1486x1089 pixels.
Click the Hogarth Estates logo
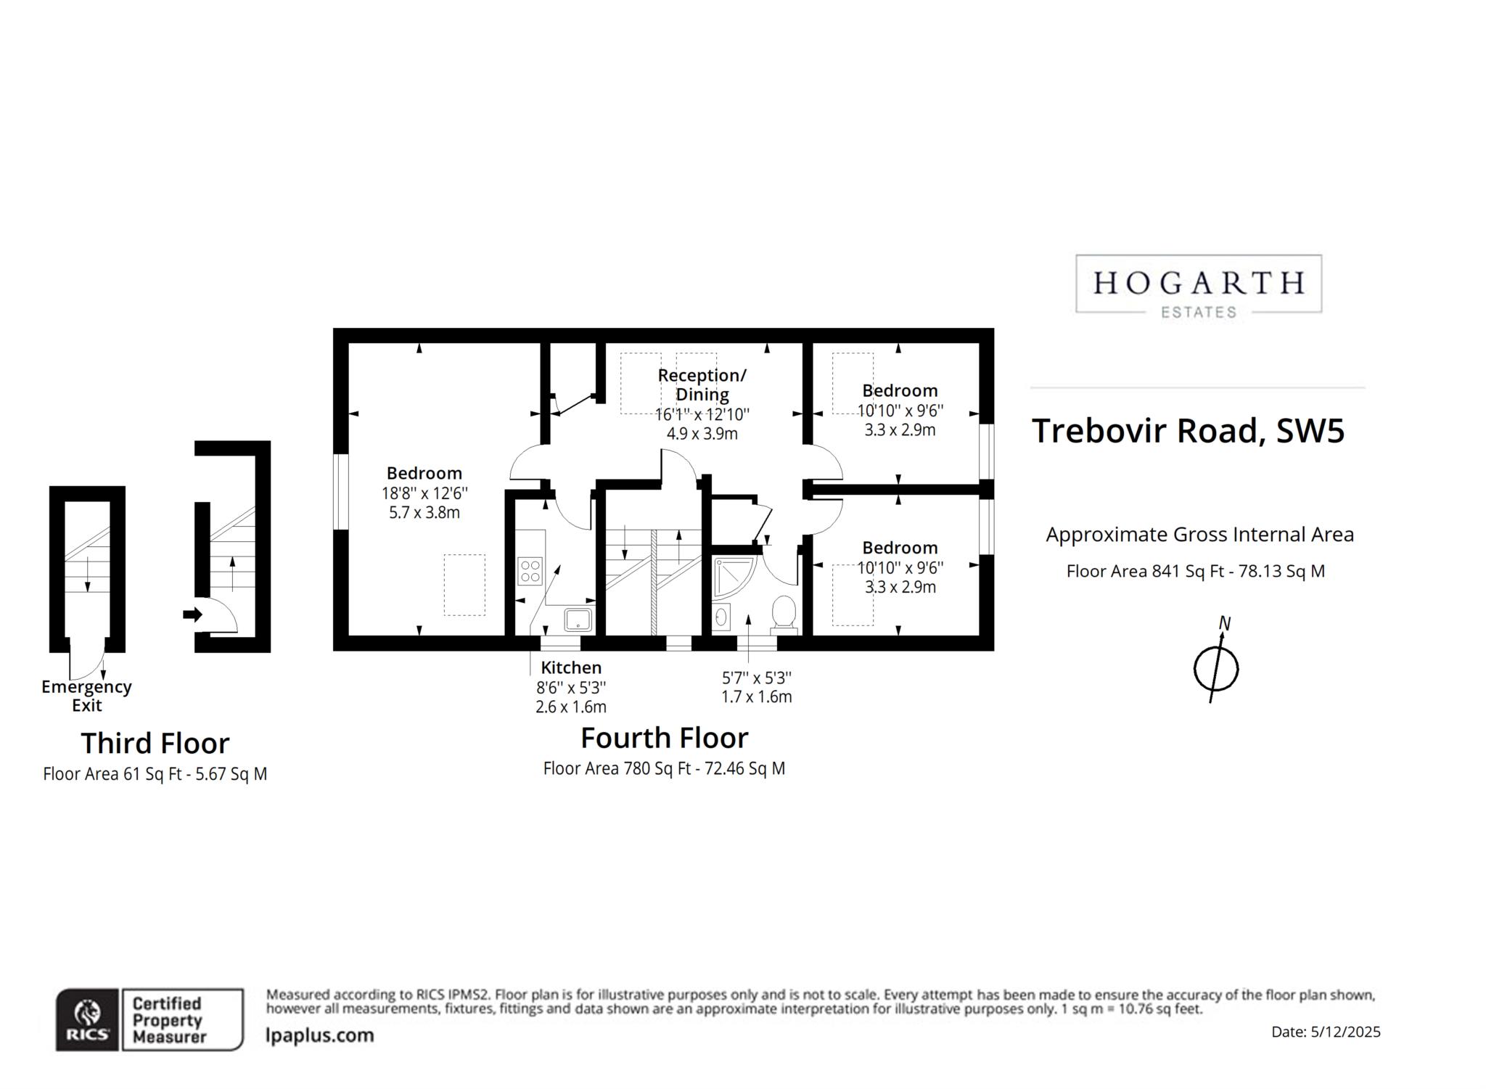pyautogui.click(x=1198, y=284)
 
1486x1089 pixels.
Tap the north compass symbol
pyautogui.click(x=1216, y=667)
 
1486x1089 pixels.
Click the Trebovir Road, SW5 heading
pyautogui.click(x=1188, y=430)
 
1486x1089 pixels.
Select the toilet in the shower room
pyautogui.click(x=784, y=612)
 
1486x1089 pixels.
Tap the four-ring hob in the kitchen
pyautogui.click(x=530, y=570)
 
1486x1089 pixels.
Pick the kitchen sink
pyautogui.click(x=578, y=619)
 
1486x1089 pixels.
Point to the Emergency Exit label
pyautogui.click(x=86, y=695)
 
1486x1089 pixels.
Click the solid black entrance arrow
pyautogui.click(x=192, y=615)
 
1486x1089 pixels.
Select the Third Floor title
pyautogui.click(x=155, y=743)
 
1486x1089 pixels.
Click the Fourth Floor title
pyautogui.click(x=664, y=738)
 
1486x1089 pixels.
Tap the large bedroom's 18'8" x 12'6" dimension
pyautogui.click(x=424, y=493)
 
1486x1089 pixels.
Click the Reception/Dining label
pyautogui.click(x=702, y=385)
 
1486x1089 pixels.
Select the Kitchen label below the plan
pyautogui.click(x=571, y=667)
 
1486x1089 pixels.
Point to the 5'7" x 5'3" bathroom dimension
pyautogui.click(x=756, y=678)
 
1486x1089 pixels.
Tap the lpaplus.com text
pyautogui.click(x=320, y=1035)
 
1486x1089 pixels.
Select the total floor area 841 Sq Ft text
pyautogui.click(x=1195, y=571)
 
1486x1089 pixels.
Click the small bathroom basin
pyautogui.click(x=721, y=617)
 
